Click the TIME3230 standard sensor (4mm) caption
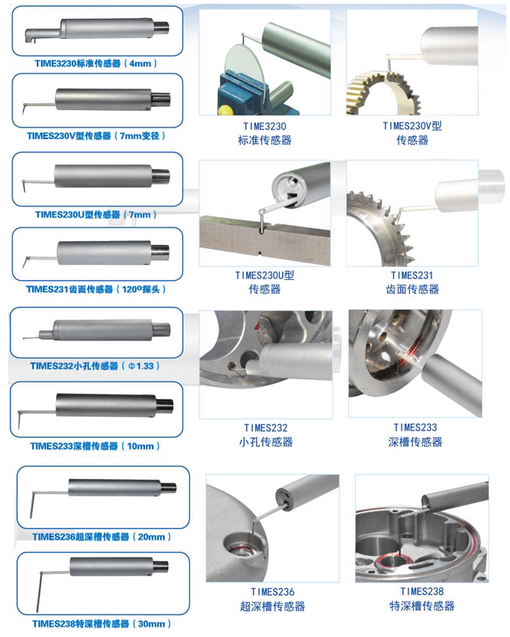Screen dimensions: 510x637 click(96, 64)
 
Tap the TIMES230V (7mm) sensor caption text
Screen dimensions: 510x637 click(96, 135)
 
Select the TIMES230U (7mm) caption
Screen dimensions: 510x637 click(96, 215)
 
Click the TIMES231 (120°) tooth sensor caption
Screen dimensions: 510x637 click(96, 289)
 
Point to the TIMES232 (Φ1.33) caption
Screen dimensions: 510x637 click(95, 366)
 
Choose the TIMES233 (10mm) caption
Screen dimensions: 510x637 click(95, 446)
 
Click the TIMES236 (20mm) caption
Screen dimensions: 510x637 click(102, 537)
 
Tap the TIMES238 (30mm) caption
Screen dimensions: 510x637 click(102, 624)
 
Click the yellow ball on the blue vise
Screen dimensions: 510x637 click(224, 110)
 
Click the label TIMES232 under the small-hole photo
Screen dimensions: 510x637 click(265, 427)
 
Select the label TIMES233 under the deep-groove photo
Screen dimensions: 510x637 click(415, 427)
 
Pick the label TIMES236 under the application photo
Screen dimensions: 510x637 click(272, 591)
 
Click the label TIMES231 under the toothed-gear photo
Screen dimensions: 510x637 click(412, 275)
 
